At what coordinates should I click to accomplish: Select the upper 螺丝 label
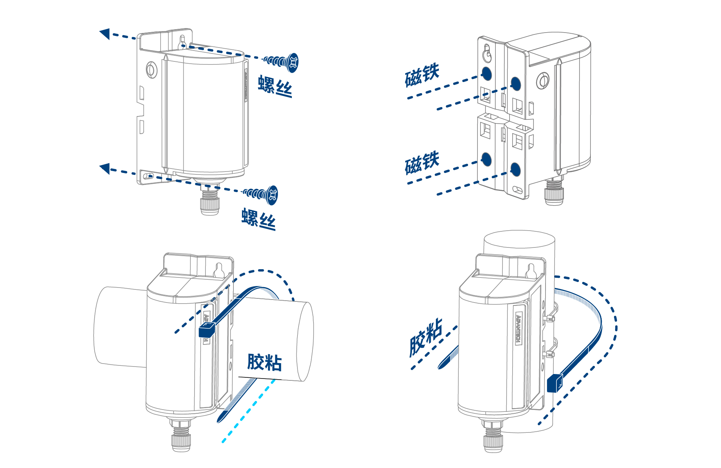275,86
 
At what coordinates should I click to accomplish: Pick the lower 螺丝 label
259,219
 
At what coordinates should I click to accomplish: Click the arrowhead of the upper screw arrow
105,33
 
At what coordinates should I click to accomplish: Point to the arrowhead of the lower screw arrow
105,168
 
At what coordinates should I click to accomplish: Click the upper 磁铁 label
422,75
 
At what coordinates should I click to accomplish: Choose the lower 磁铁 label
422,163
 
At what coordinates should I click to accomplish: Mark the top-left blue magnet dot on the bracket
486,74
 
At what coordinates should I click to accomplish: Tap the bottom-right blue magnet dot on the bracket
516,170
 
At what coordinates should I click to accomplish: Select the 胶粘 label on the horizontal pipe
265,362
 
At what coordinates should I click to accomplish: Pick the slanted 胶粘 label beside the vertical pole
426,337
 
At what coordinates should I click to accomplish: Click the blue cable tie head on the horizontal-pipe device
207,330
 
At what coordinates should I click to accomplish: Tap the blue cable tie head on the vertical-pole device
555,383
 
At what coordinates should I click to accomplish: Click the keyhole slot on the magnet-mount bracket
487,53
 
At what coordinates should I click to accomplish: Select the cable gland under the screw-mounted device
210,199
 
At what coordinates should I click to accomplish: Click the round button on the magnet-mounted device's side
543,81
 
